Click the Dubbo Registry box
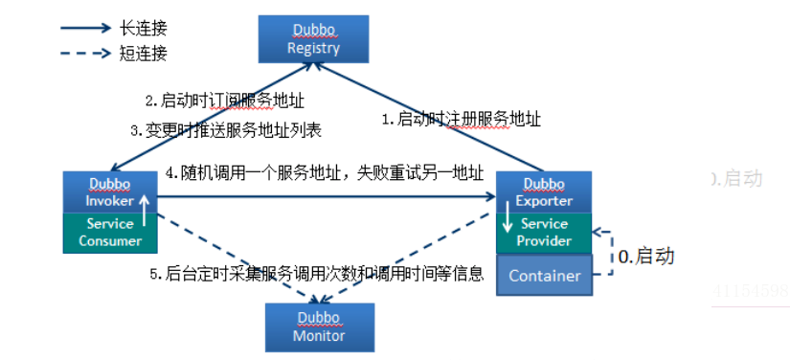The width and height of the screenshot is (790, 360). (315, 39)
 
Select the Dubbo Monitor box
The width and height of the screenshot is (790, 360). (319, 326)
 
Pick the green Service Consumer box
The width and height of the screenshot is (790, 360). (110, 232)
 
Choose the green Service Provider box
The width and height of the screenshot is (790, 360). (544, 233)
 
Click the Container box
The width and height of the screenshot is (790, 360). (544, 276)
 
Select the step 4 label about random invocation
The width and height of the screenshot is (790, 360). (324, 174)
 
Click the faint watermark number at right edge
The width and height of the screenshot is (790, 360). (751, 290)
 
